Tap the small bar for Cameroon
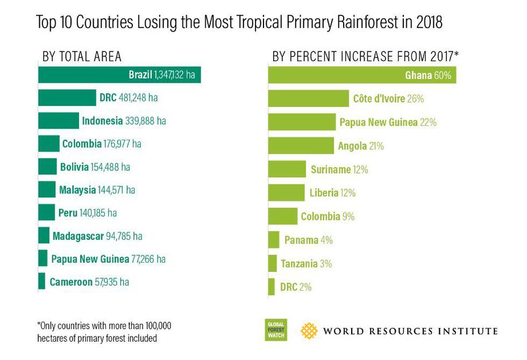[42, 282]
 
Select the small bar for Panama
[274, 240]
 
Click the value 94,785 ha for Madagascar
[124, 235]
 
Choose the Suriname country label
[331, 170]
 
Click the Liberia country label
[324, 193]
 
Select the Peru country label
[67, 212]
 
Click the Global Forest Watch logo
[276, 330]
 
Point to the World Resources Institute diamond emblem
[309, 330]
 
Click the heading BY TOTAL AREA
[82, 56]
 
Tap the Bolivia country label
[74, 167]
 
